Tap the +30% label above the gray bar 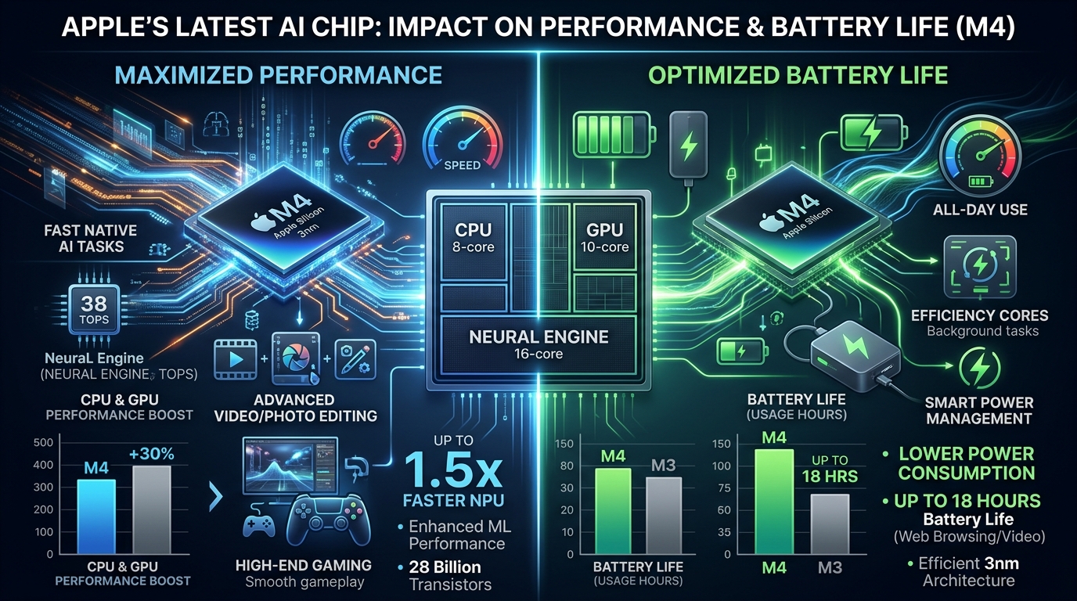coord(151,454)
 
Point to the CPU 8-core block coord(472,239)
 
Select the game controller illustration coord(329,520)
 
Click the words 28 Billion coord(445,567)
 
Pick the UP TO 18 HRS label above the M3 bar coord(829,468)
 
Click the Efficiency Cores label coord(979,315)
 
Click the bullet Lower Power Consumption coord(966,463)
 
